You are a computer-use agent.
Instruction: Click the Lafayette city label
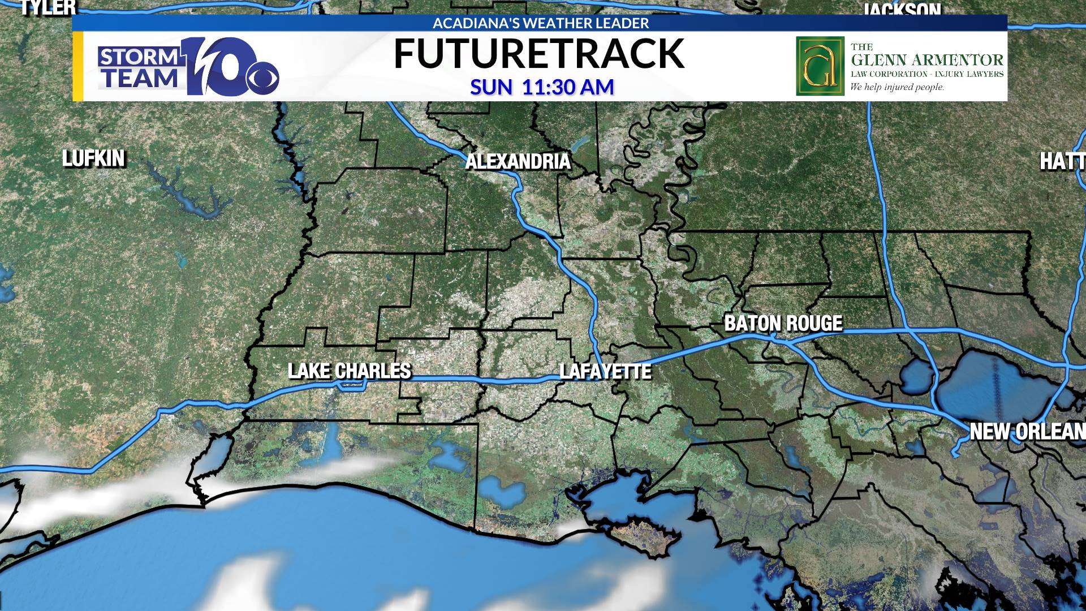tap(605, 372)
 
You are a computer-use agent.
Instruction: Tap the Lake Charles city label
tap(350, 371)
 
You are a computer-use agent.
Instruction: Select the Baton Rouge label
tap(783, 323)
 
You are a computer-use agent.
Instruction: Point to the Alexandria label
tap(518, 162)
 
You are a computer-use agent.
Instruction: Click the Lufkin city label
tap(93, 158)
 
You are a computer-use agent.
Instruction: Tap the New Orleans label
tap(1027, 432)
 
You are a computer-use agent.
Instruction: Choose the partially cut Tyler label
tap(48, 7)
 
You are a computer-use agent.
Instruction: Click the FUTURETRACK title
tap(538, 54)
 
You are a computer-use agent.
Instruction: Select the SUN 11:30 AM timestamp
tap(542, 87)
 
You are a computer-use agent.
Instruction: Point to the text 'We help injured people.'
tap(897, 87)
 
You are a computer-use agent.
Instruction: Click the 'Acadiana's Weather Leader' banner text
tap(540, 23)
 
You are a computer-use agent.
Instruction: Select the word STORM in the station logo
tap(139, 57)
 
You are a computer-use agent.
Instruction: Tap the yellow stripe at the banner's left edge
tap(78, 66)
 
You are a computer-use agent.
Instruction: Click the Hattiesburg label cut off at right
tap(1062, 162)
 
